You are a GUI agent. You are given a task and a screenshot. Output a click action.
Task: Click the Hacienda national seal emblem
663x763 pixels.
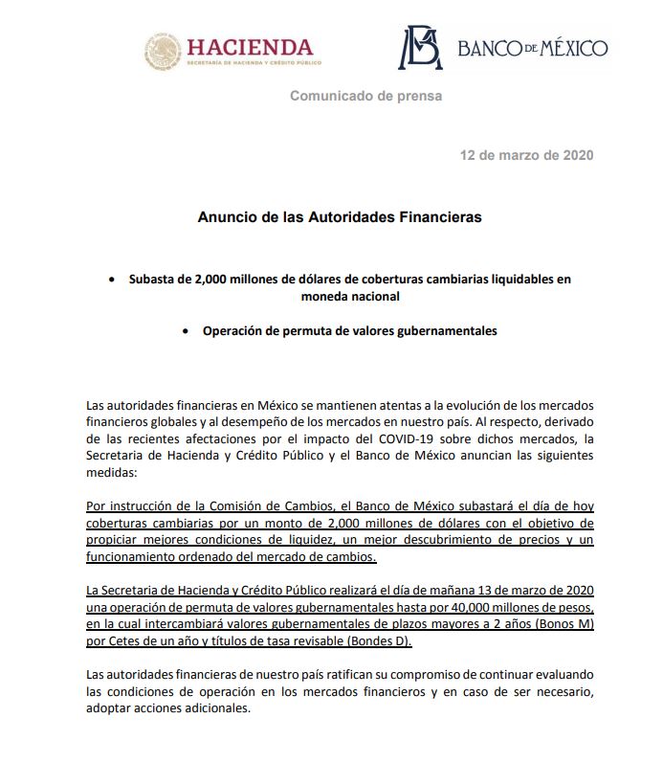(162, 51)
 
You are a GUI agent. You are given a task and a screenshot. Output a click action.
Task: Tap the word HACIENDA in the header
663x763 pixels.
(250, 47)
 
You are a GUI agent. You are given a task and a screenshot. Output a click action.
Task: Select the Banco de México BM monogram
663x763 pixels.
(420, 48)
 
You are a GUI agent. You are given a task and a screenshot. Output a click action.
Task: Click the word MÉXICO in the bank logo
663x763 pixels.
(567, 48)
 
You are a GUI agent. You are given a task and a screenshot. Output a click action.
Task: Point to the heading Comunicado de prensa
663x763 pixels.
(366, 97)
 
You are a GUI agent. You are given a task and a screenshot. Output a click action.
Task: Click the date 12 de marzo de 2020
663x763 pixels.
(526, 155)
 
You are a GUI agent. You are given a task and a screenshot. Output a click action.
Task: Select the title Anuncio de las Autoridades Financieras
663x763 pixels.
(340, 217)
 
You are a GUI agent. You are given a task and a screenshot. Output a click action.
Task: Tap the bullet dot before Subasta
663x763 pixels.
(114, 280)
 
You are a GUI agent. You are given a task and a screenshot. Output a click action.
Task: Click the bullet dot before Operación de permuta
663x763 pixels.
(188, 331)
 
